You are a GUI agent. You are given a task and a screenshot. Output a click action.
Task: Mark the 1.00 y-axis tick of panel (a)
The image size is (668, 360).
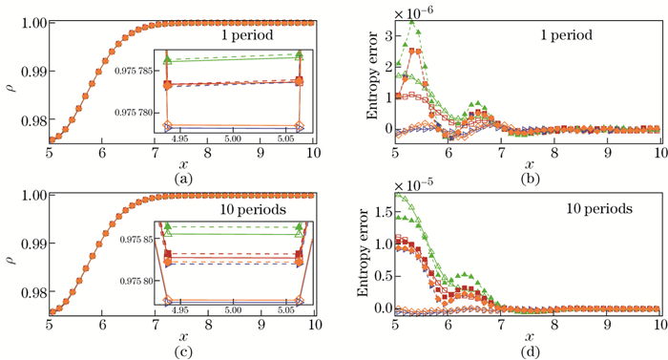pos(29,7)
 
